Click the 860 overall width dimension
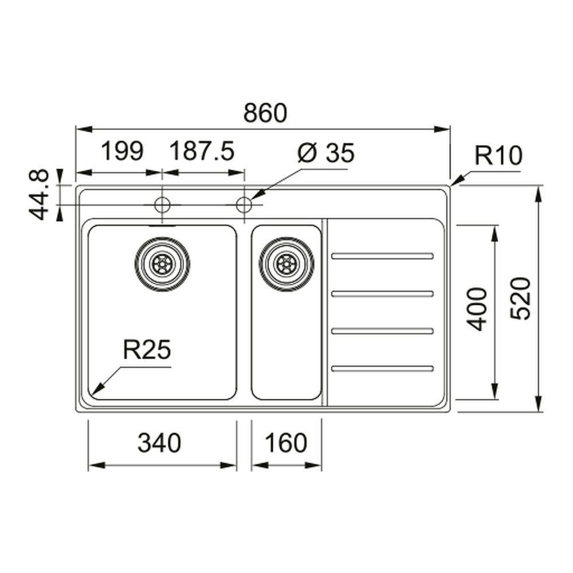coord(265,113)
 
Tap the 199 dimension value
coord(121,152)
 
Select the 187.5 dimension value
coord(202,152)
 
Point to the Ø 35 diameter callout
coord(327,153)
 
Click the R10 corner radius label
coord(498,155)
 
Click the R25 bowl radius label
coord(147,350)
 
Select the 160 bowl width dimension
coord(286,443)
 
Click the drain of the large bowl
coord(162,264)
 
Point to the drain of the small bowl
coord(286,264)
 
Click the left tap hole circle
coord(162,204)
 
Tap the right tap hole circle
coord(245,204)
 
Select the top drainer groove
coord(382,256)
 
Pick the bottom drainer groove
coord(382,368)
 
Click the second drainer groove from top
coord(382,293)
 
